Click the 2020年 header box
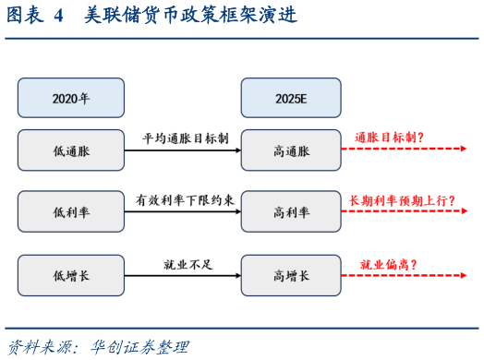(x=71, y=98)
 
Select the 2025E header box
(x=292, y=98)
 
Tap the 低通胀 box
(x=71, y=150)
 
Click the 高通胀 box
(x=292, y=150)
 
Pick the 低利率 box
(x=71, y=211)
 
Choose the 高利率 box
(x=292, y=211)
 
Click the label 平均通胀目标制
(x=183, y=138)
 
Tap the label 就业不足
(x=183, y=264)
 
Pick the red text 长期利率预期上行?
(x=403, y=200)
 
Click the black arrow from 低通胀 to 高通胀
(x=183, y=150)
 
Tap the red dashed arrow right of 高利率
(x=407, y=212)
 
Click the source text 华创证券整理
(x=139, y=347)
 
